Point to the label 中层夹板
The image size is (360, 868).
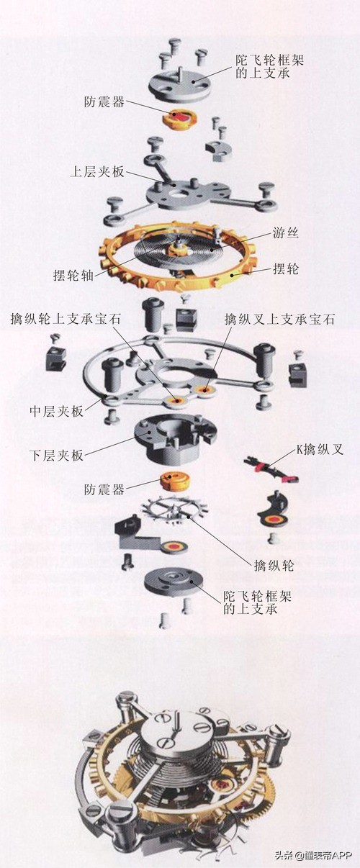(x=54, y=411)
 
